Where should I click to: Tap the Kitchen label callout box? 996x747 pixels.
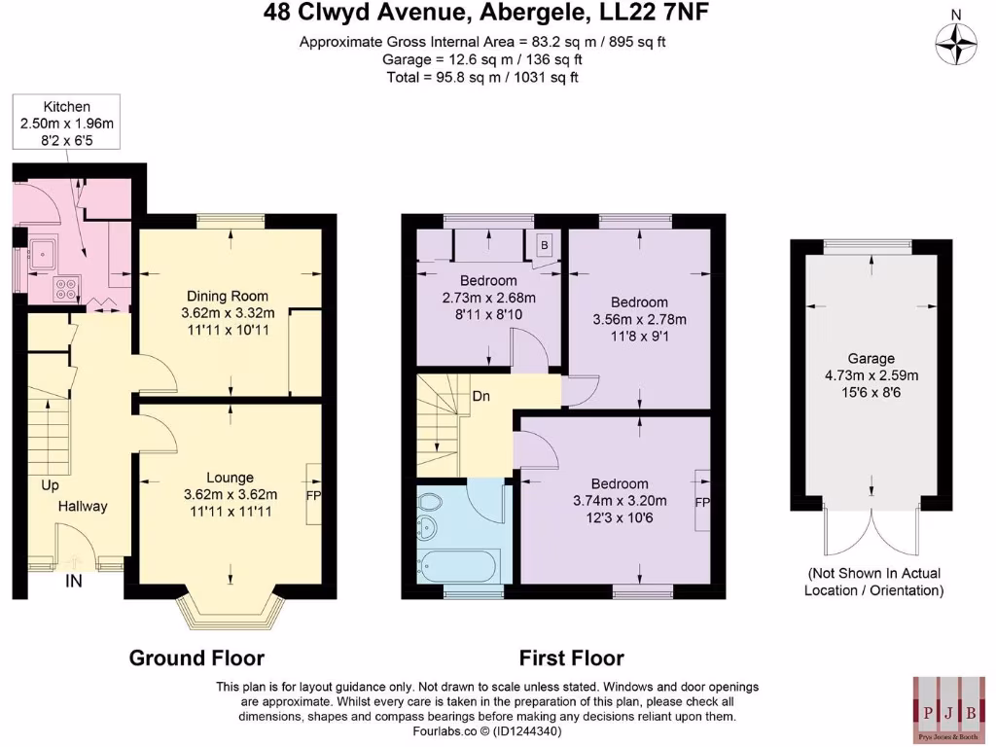[x=67, y=123]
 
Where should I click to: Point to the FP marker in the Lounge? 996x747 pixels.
[x=313, y=495]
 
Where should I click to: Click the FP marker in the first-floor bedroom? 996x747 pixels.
[x=701, y=503]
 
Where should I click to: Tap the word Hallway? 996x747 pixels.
[x=83, y=506]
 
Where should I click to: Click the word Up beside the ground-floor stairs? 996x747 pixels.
[x=50, y=483]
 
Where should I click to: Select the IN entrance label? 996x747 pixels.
[x=73, y=582]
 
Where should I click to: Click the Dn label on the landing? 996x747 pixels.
[x=480, y=397]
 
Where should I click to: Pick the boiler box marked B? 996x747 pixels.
[x=544, y=245]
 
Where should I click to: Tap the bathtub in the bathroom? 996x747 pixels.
[x=457, y=563]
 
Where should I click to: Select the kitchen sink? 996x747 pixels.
[x=44, y=256]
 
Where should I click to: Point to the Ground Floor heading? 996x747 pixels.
[x=196, y=658]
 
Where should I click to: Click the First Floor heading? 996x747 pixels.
[x=571, y=658]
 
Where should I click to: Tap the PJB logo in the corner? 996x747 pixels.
[x=946, y=706]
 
